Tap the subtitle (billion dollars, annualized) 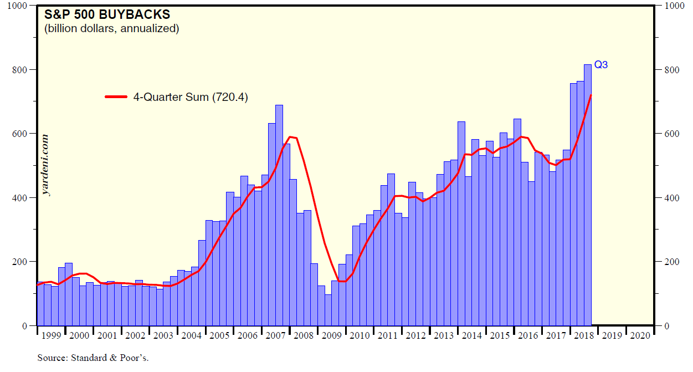point(111,28)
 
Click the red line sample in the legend point(117,97)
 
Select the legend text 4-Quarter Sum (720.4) point(190,97)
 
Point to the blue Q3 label point(601,65)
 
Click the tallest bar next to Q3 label point(587,194)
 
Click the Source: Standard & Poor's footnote point(93,358)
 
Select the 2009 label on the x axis point(331,335)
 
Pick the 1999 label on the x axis point(51,335)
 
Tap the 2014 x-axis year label point(471,335)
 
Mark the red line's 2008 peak point(290,136)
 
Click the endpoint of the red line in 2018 point(591,95)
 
